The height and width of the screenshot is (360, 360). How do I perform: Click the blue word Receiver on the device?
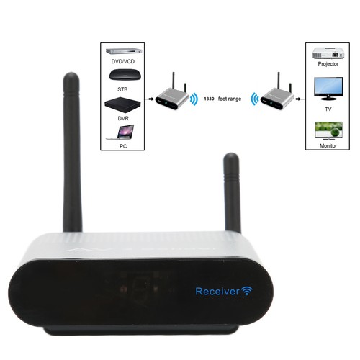[x=217, y=292]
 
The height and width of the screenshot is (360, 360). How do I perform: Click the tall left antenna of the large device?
[x=72, y=152]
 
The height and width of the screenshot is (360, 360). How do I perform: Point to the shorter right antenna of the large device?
[x=232, y=193]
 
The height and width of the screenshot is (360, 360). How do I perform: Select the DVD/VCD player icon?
[x=124, y=52]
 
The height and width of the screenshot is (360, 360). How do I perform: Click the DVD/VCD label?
[x=123, y=62]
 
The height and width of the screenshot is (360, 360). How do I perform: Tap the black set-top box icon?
[x=125, y=75]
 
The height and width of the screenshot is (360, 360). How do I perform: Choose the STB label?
[x=122, y=89]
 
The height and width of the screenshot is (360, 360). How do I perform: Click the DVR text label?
[x=123, y=118]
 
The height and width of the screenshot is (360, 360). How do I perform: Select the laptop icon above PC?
[x=120, y=132]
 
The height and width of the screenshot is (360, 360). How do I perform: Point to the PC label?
[x=123, y=146]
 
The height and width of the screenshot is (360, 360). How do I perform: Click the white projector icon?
[x=328, y=53]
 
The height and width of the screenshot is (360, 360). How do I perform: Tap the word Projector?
[x=328, y=64]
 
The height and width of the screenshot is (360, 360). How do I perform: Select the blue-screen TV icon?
[x=328, y=89]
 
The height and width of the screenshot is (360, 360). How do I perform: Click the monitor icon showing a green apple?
[x=328, y=131]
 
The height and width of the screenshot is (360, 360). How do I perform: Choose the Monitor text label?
[x=328, y=145]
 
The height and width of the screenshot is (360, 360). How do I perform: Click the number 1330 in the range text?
[x=209, y=99]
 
